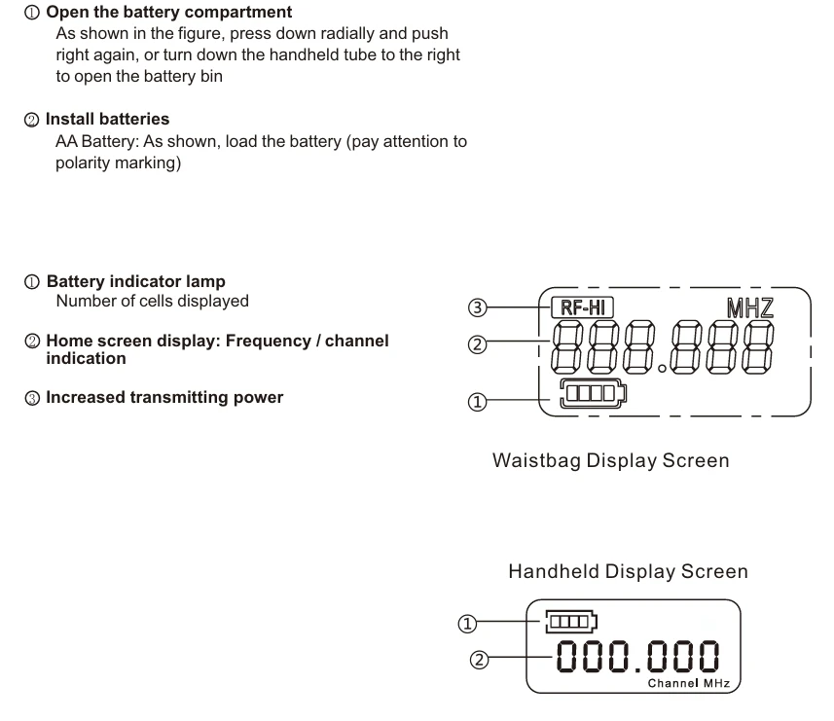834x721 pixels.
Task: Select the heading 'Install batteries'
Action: (x=107, y=119)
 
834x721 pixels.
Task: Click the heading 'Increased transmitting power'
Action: (x=164, y=396)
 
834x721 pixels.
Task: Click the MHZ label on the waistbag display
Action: (x=750, y=308)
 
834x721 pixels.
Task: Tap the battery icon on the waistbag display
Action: (x=594, y=395)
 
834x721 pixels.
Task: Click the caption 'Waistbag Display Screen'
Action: (x=611, y=459)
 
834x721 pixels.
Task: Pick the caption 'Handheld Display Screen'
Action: (x=628, y=571)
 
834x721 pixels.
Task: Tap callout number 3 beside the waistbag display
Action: (x=476, y=308)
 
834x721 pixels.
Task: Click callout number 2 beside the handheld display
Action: (x=477, y=658)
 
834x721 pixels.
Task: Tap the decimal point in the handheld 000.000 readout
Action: (x=638, y=672)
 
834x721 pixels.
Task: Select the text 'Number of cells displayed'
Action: (x=152, y=301)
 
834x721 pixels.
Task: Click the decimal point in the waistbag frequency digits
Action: (x=662, y=369)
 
